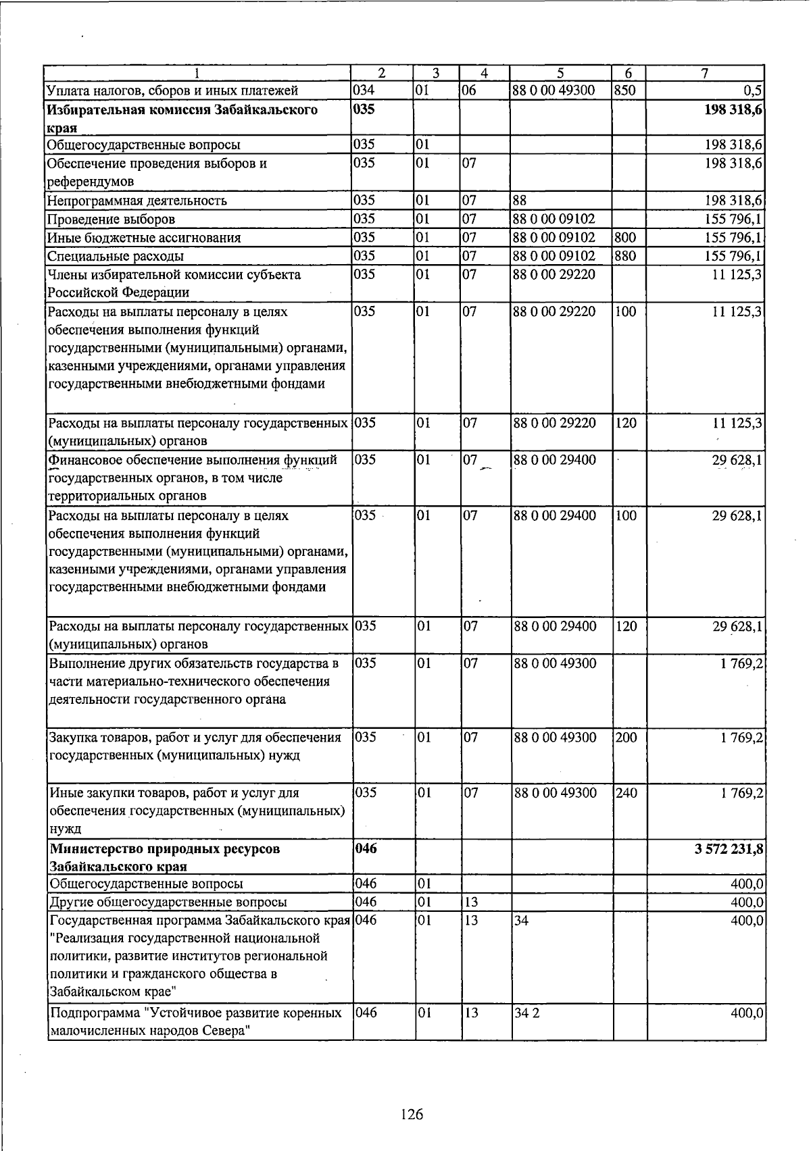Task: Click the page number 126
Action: (x=411, y=1114)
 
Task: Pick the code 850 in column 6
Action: (x=626, y=90)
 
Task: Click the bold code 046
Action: (x=366, y=848)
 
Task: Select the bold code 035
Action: (x=365, y=109)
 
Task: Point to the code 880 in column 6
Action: (x=626, y=256)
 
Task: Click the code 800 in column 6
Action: (x=626, y=238)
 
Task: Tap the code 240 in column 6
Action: (x=626, y=792)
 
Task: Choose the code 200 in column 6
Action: (x=626, y=737)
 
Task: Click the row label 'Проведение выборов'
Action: (x=111, y=220)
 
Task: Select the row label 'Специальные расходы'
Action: (x=115, y=257)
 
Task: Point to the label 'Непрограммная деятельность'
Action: (x=137, y=201)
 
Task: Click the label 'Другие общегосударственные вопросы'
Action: (x=167, y=902)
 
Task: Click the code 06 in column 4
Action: (x=470, y=90)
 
